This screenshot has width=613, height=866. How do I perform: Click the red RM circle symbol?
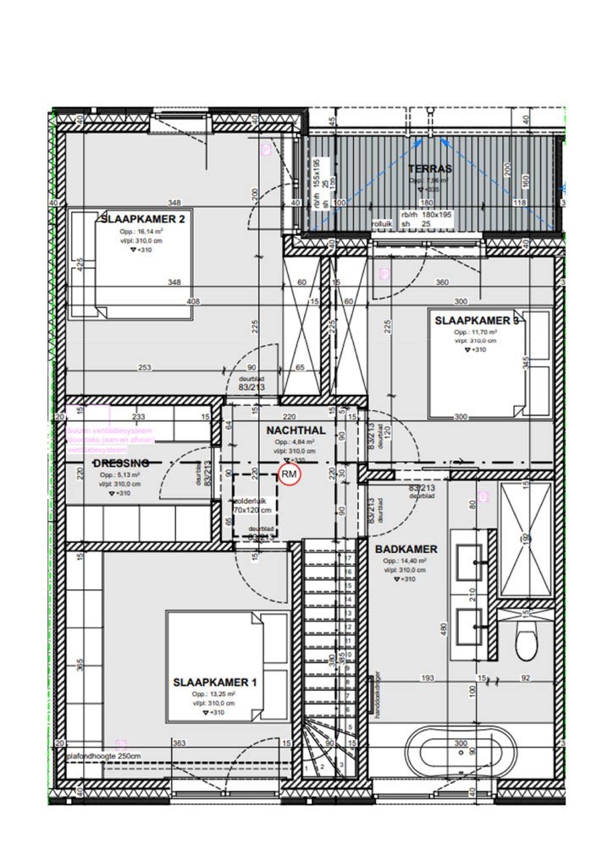[290, 475]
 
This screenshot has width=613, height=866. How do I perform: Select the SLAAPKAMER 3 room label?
[477, 321]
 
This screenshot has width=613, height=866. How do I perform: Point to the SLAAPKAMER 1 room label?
[215, 682]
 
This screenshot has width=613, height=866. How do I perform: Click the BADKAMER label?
[406, 549]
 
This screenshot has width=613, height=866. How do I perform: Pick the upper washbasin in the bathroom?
[470, 557]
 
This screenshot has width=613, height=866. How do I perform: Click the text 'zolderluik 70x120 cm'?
[253, 506]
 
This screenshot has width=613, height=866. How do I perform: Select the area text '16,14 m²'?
[141, 230]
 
